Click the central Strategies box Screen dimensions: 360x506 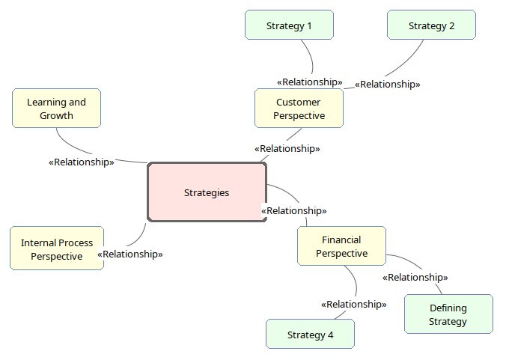click(207, 192)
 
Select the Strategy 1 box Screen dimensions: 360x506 click(289, 25)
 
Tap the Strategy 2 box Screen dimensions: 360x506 click(431, 25)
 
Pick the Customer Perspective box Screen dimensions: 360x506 click(299, 109)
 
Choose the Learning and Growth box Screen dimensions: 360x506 click(56, 109)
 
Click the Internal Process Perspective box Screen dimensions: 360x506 click(56, 249)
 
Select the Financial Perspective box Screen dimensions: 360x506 click(341, 246)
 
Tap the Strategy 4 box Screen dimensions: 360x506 click(310, 335)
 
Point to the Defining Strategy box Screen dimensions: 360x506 click(448, 314)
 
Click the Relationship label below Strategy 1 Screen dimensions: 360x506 click(310, 82)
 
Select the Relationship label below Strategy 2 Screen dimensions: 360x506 click(387, 85)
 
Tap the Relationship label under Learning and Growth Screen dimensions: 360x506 click(81, 162)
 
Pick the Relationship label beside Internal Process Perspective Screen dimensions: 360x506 click(130, 254)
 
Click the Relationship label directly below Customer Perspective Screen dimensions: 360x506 click(287, 148)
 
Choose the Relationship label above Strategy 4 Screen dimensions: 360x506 click(353, 304)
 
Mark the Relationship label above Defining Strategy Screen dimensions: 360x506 click(415, 277)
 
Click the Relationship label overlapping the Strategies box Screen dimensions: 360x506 click(293, 211)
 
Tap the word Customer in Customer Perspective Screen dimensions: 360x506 click(299, 103)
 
